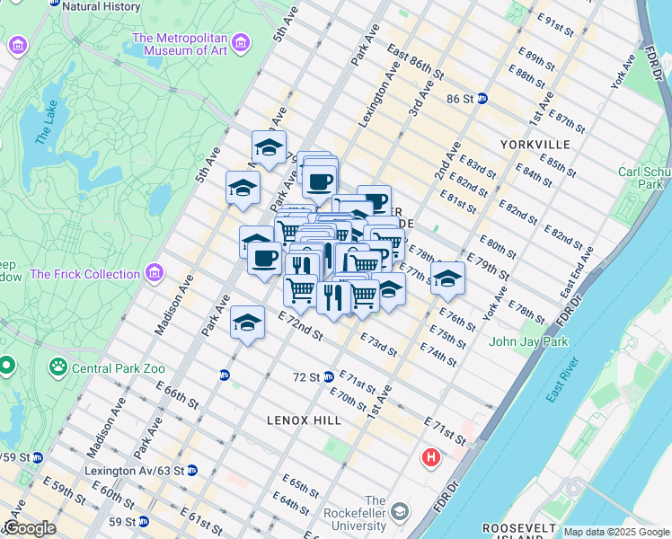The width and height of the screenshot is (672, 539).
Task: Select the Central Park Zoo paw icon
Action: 57,367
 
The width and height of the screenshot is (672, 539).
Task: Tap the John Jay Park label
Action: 528,341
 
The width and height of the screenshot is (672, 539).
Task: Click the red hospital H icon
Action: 431,458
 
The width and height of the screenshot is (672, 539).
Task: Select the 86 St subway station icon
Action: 482,98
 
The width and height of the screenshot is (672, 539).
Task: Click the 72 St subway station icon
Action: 329,376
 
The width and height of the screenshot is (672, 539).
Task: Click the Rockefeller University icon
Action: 399,512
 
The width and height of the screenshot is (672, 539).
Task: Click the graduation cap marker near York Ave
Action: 447,278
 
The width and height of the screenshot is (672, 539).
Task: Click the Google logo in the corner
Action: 29,528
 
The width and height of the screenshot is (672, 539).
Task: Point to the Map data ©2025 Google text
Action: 616,532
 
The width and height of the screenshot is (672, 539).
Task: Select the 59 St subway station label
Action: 123,521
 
